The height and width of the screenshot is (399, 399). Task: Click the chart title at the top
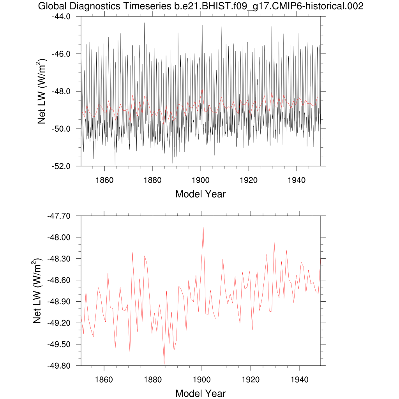coord(201,6)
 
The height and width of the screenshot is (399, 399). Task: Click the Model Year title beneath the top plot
coord(200,194)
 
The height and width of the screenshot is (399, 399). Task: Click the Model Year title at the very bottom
coord(200,394)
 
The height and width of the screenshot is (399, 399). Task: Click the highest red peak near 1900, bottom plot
coord(203,227)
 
